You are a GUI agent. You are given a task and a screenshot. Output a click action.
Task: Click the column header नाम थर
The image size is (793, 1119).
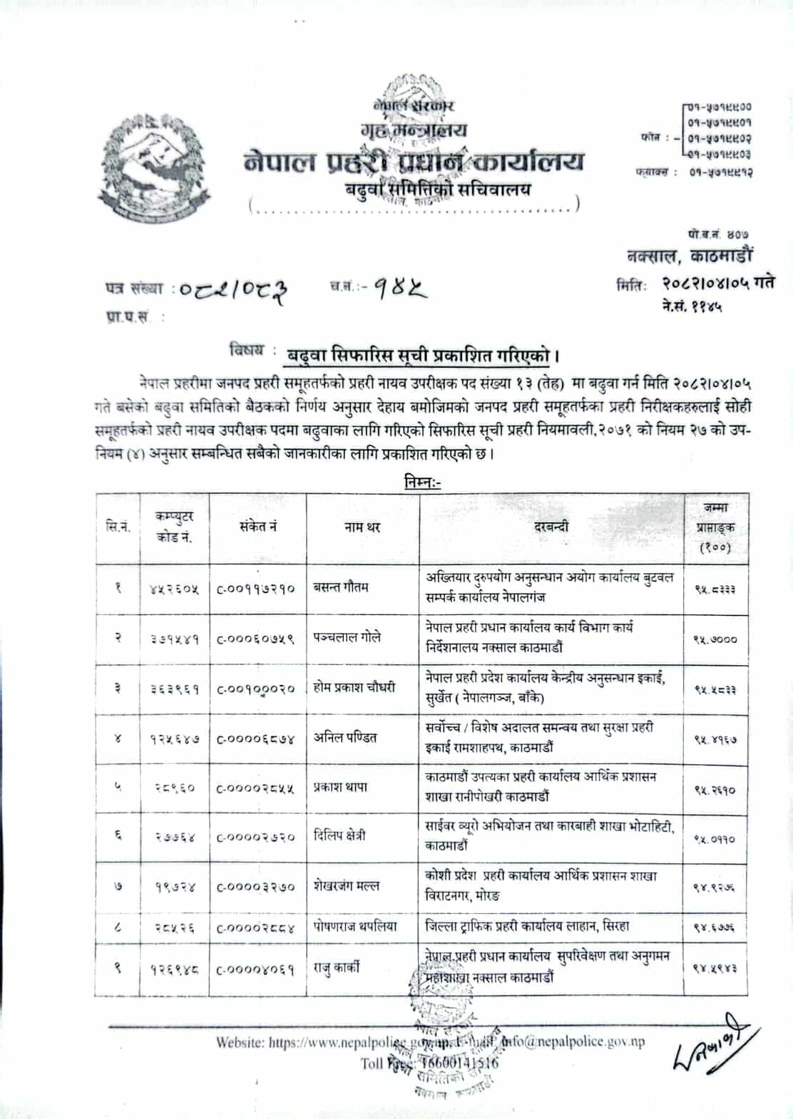[363, 527]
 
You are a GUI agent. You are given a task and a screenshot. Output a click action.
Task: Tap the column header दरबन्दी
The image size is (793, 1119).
[551, 527]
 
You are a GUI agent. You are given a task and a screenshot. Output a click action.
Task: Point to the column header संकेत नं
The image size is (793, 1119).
[258, 527]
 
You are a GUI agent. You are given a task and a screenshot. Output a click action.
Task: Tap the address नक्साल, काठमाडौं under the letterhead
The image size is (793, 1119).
[688, 256]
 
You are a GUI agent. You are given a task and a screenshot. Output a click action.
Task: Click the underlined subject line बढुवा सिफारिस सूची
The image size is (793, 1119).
[419, 353]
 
